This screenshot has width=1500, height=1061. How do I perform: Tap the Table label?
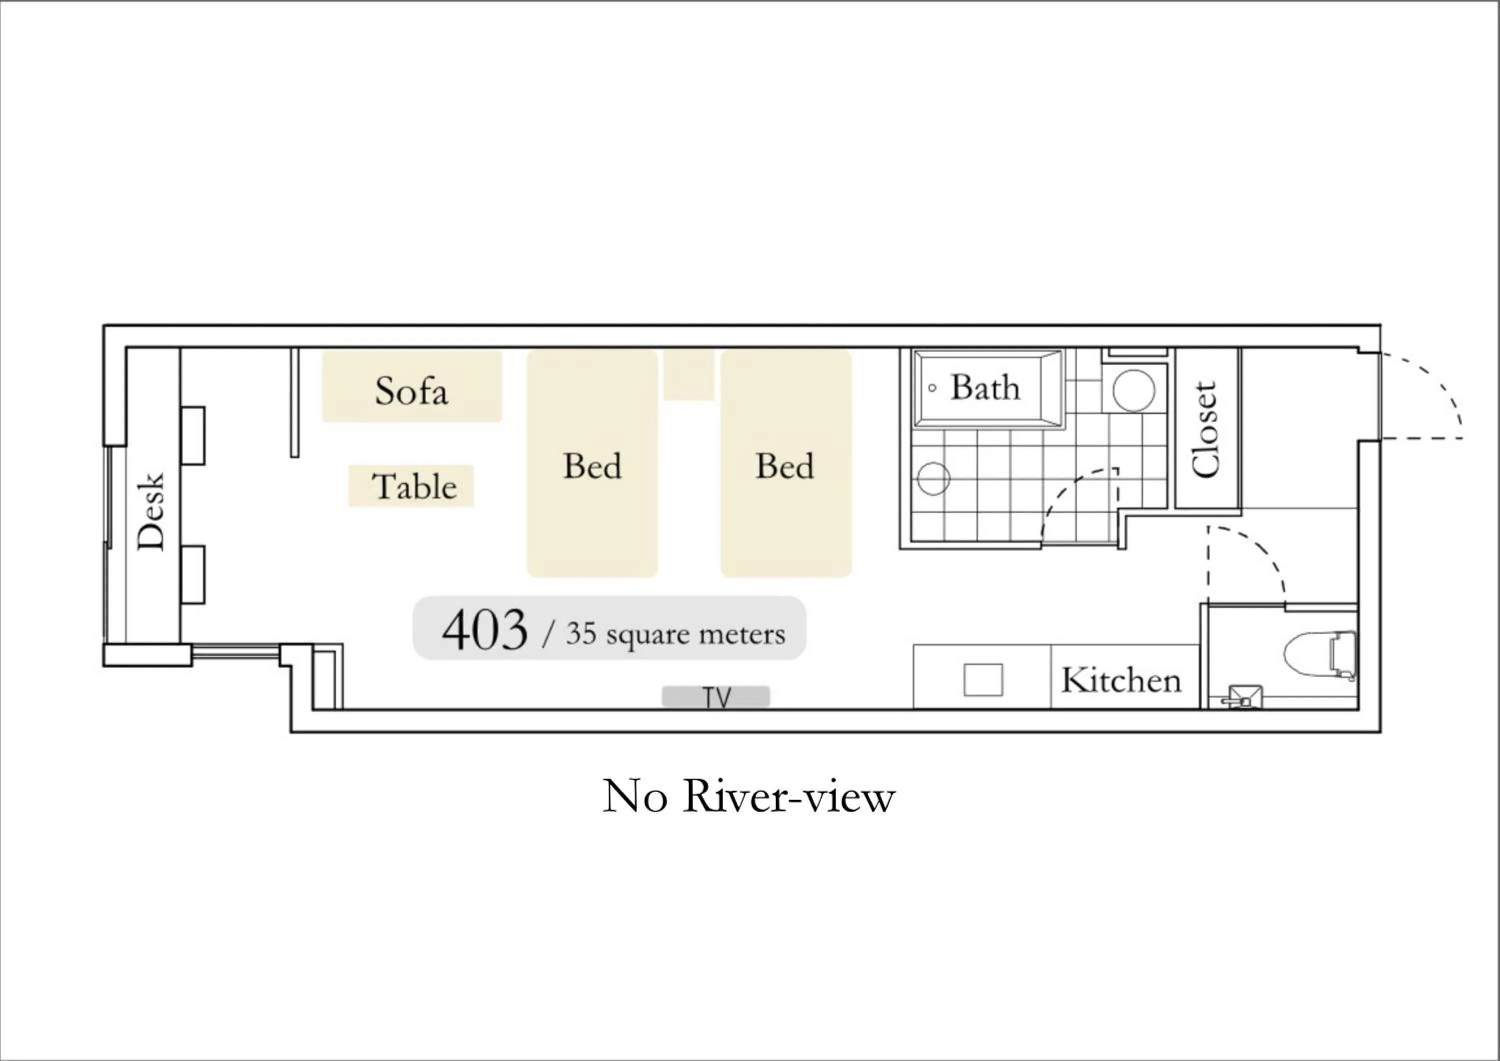414,486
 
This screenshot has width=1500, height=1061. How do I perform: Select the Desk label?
151,511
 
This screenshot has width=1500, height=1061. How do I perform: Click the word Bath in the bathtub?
985,387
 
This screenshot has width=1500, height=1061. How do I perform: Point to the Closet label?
1205,429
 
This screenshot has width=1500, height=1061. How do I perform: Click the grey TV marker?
716,697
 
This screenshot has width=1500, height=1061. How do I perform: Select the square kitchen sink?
983,680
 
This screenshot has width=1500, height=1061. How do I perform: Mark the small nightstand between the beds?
688,374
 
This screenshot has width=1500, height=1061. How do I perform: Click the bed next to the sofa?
592,464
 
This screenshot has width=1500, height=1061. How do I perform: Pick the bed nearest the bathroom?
786,464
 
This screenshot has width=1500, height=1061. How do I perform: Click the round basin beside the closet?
1133,390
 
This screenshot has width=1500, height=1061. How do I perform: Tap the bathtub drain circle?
932,388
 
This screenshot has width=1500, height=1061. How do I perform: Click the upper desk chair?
193,436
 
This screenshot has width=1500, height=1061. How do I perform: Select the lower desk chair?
193,575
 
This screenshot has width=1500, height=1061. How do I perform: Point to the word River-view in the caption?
788,797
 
